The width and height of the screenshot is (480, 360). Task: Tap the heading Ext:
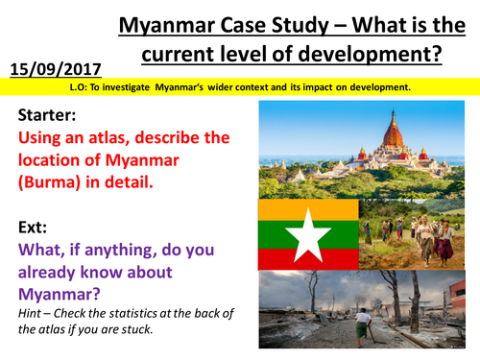tap(35, 230)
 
